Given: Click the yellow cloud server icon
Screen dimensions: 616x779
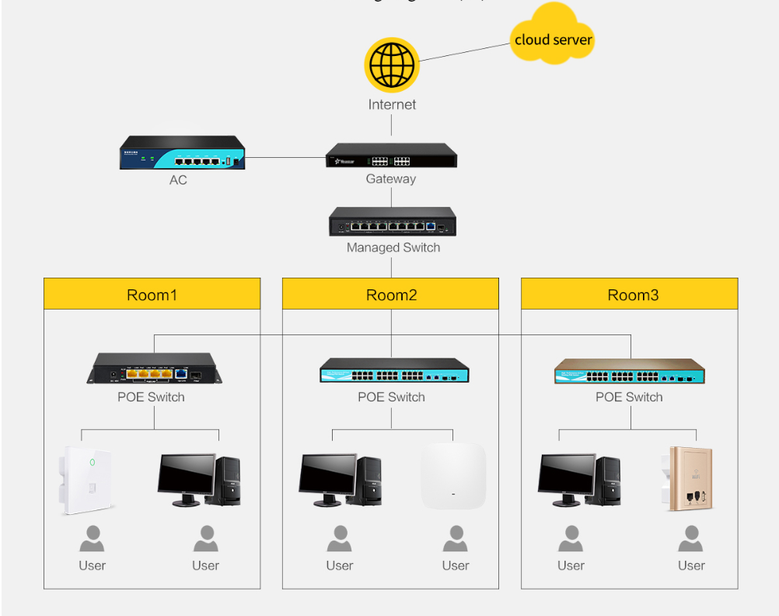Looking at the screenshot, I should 553,35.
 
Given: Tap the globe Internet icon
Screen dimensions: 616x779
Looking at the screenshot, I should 392,65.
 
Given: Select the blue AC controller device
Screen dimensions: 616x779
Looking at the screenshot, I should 182,153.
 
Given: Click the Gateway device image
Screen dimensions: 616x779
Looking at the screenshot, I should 391,156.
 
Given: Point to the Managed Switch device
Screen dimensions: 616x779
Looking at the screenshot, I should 393,222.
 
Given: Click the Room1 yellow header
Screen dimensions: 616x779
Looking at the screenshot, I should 152,295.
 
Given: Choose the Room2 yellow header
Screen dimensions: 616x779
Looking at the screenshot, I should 390,295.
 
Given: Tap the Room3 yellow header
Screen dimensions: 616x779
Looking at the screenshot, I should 629,295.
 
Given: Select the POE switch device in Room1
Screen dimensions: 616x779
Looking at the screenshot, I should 154,368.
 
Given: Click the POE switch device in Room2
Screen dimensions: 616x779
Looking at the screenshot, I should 394,371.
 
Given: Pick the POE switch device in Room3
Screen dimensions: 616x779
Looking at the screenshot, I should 629,371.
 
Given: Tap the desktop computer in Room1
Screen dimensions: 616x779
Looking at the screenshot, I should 199,480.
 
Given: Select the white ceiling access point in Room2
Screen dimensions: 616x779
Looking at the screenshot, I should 453,476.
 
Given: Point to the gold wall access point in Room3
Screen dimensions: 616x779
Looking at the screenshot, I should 690,478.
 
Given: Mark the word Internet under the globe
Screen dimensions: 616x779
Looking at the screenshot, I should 392,104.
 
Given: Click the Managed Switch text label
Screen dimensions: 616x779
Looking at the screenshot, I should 393,247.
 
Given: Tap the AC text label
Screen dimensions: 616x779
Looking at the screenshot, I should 178,180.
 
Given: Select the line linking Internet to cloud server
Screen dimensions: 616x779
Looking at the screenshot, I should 465,52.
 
